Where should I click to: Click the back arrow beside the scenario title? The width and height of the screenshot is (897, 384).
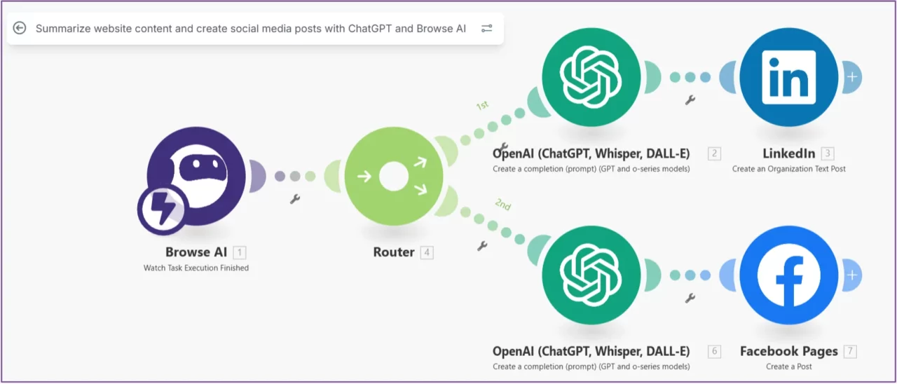point(20,28)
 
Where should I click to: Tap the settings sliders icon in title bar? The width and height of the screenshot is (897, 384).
point(486,29)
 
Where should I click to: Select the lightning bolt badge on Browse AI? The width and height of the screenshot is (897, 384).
point(161,209)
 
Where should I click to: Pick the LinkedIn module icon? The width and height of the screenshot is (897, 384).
point(788,77)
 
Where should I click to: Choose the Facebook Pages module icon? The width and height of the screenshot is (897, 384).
point(788,275)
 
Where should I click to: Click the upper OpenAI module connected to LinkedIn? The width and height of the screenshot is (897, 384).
point(591,77)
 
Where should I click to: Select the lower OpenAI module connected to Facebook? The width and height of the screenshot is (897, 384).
point(591,275)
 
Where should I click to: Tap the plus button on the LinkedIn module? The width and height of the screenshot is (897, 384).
point(851,77)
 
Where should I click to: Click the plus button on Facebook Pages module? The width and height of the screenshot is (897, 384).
point(851,275)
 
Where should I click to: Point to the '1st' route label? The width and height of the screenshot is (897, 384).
point(482,106)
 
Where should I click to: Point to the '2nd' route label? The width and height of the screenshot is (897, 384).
point(502,205)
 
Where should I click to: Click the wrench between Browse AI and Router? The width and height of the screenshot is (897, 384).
point(295,199)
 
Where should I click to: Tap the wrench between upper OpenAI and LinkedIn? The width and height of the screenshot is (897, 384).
point(690,100)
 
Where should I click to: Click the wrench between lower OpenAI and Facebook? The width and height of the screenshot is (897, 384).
point(690,299)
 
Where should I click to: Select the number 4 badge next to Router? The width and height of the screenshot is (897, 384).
point(427,252)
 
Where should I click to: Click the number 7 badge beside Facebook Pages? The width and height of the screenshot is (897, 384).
point(850,352)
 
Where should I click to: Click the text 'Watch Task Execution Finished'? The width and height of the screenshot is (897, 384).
point(196,268)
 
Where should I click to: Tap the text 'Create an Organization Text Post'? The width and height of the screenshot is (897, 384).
point(788,169)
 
